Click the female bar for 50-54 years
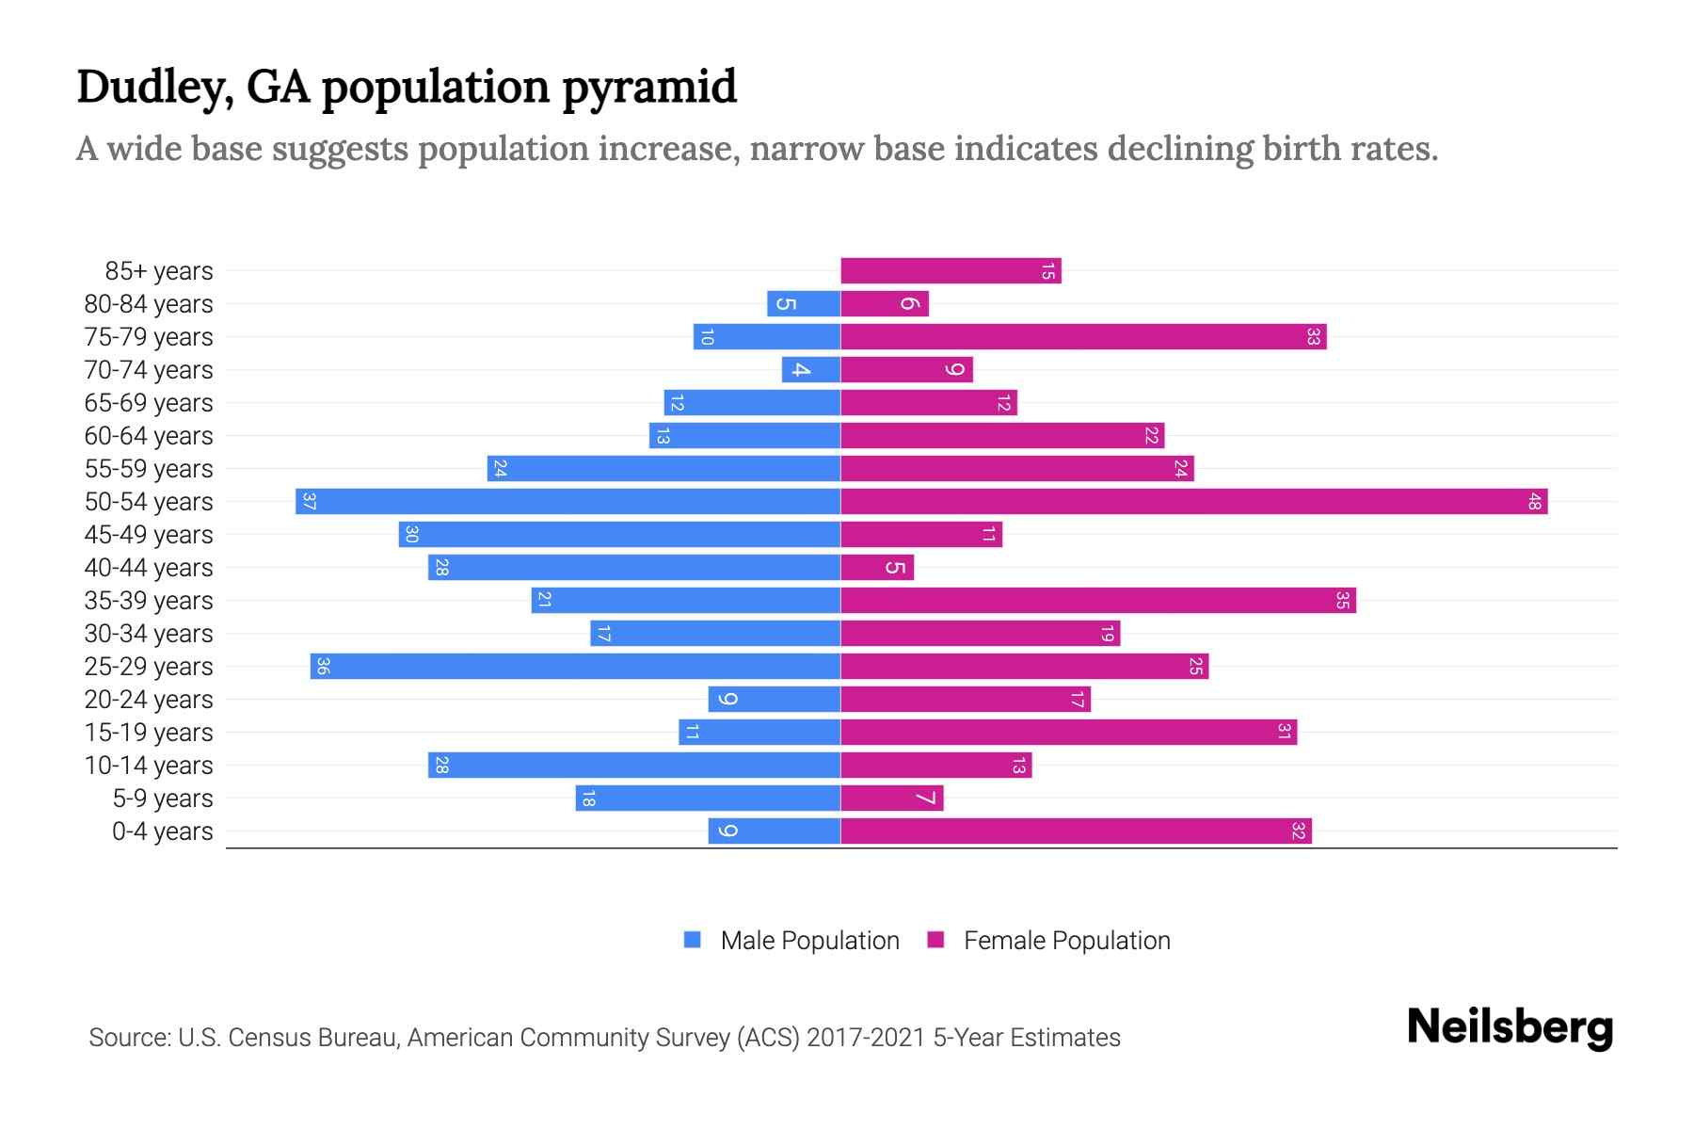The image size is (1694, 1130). pyautogui.click(x=1193, y=502)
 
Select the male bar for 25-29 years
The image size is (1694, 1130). pyautogui.click(x=575, y=667)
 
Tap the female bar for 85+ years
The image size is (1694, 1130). pyautogui.click(x=951, y=271)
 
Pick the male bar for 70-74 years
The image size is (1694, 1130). pyautogui.click(x=811, y=370)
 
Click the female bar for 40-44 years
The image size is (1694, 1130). pyautogui.click(x=877, y=568)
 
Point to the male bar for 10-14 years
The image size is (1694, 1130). pyautogui.click(x=634, y=766)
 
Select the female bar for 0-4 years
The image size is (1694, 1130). pyautogui.click(x=1076, y=831)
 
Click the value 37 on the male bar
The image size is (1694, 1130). pyautogui.click(x=309, y=502)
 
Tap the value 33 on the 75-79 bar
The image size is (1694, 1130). pyautogui.click(x=1313, y=337)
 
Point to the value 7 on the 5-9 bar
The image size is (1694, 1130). pyautogui.click(x=926, y=799)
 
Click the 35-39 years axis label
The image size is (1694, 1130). pyautogui.click(x=149, y=601)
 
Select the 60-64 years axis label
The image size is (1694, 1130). pyautogui.click(x=149, y=436)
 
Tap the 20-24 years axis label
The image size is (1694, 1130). pyautogui.click(x=149, y=700)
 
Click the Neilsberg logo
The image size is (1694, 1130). pyautogui.click(x=1510, y=1027)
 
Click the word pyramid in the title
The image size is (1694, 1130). pyautogui.click(x=649, y=88)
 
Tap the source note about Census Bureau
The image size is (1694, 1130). pyautogui.click(x=604, y=1038)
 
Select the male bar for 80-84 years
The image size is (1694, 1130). pyautogui.click(x=804, y=304)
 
